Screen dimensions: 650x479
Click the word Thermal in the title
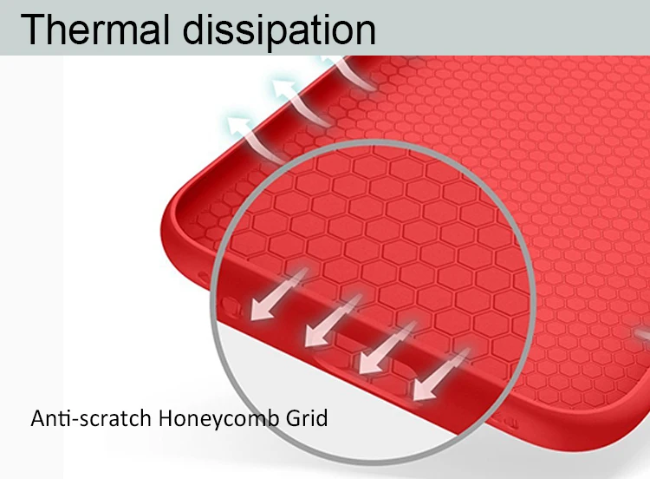click(x=95, y=29)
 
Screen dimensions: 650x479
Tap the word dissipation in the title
click(x=279, y=30)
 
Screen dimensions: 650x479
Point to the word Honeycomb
click(x=219, y=419)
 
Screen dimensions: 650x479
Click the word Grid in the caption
click(x=307, y=417)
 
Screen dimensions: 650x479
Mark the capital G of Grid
click(x=294, y=418)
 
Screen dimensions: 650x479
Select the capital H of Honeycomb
click(x=166, y=418)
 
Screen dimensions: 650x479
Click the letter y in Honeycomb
click(x=219, y=422)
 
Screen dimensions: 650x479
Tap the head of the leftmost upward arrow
click(x=237, y=125)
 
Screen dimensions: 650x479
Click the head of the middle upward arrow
click(x=283, y=88)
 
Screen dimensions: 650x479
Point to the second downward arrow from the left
click(x=333, y=320)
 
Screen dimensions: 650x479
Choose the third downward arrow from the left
click(x=387, y=347)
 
